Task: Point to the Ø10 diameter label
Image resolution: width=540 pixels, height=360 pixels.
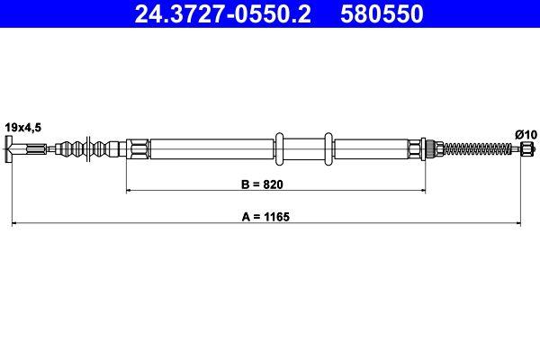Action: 525,134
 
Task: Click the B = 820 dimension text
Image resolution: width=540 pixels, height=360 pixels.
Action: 275,186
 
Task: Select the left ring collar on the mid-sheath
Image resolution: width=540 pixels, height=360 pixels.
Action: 280,148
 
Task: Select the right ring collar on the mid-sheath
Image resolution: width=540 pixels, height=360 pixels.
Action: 329,148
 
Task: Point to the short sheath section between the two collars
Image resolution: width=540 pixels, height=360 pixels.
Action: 305,148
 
